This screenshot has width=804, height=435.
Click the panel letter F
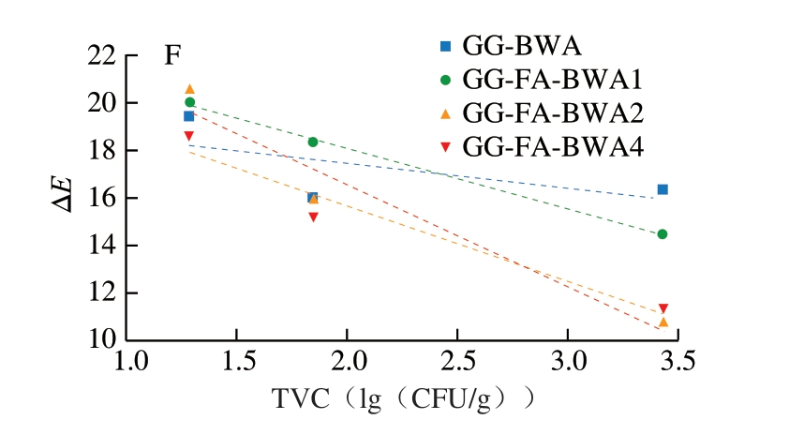[x=173, y=56]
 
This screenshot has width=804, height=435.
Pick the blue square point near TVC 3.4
[x=663, y=189]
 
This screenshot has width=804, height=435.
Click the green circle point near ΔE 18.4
[x=313, y=142]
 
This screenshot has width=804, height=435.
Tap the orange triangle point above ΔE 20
[x=189, y=89]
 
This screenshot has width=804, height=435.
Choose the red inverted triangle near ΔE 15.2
[x=313, y=217]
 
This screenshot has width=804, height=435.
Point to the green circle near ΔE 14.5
[x=663, y=234]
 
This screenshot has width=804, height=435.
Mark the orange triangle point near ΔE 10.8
[x=663, y=322]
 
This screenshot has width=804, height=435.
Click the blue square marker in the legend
[x=445, y=45]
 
